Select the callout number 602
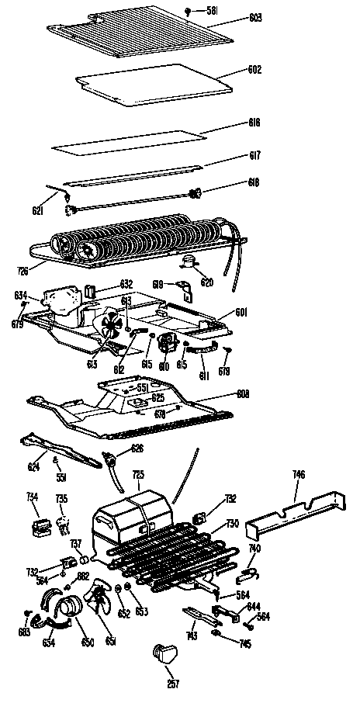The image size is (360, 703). click(255, 70)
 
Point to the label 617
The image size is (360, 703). click(254, 155)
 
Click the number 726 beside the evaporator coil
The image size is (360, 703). click(24, 269)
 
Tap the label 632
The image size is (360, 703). click(126, 283)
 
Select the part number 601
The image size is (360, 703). click(242, 313)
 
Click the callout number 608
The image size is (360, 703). click(242, 394)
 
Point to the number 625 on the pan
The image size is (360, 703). click(158, 397)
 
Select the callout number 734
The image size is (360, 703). click(32, 496)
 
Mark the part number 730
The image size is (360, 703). click(232, 524)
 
